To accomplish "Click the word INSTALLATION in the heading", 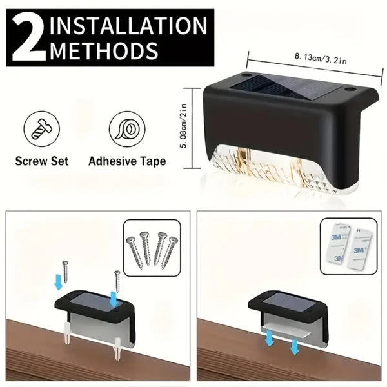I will click(128, 26).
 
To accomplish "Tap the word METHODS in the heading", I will click(103, 50).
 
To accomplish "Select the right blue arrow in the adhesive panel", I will click(295, 346).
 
